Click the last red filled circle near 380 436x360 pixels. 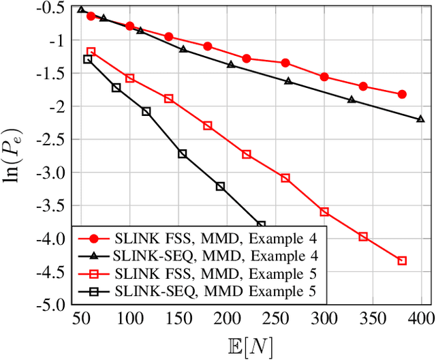pos(402,94)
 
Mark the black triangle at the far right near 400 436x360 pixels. pos(420,119)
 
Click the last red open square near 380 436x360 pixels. pos(402,260)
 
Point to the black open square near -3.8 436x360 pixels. pos(261,224)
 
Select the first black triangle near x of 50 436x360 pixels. pos(82,10)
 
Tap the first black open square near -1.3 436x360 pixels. pos(87,59)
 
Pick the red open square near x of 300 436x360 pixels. pos(324,211)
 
